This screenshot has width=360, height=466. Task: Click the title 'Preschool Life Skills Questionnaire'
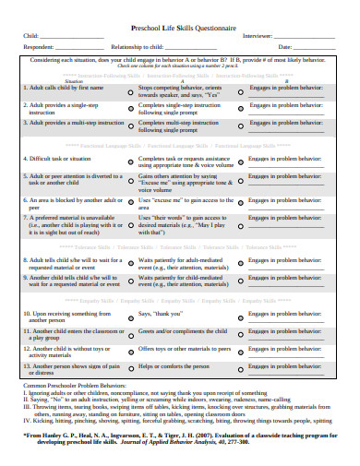tap(180, 29)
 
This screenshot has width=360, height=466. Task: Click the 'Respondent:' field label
tap(38, 46)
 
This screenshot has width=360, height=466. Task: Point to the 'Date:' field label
tap(284, 46)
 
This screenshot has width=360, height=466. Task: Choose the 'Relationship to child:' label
tap(139, 46)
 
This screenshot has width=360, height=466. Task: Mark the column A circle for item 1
tap(128, 93)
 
